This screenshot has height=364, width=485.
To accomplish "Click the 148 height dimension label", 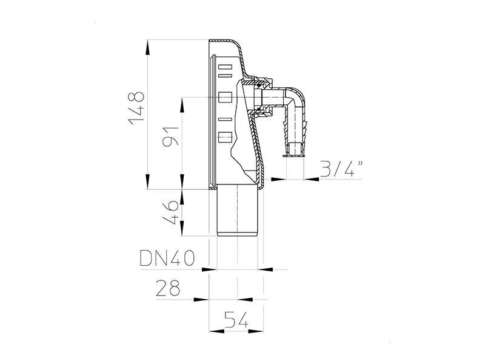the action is pos(136,108).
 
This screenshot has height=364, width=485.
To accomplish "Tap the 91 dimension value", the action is pos(170,136).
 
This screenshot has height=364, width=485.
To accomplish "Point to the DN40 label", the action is pos(167,258).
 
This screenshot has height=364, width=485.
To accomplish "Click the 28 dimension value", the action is pos(168,288).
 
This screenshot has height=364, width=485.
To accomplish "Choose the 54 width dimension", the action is pos(236,320).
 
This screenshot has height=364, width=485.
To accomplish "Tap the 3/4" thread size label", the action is pos(341,169).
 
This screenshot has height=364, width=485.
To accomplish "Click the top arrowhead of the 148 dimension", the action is pos(147,47).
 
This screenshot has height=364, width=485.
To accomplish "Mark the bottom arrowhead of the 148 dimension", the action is pos(147,181).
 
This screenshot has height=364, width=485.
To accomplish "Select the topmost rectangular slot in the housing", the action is pos(225,67).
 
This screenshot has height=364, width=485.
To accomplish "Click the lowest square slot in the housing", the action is pos(225,137).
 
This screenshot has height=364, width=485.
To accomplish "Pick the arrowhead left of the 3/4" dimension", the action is pos(278,179).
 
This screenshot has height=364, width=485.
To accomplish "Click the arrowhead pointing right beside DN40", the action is pos(209,269).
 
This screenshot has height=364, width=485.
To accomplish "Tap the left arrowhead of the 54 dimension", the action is pos(216,331).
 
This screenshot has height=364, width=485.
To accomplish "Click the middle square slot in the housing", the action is pos(225,97).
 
